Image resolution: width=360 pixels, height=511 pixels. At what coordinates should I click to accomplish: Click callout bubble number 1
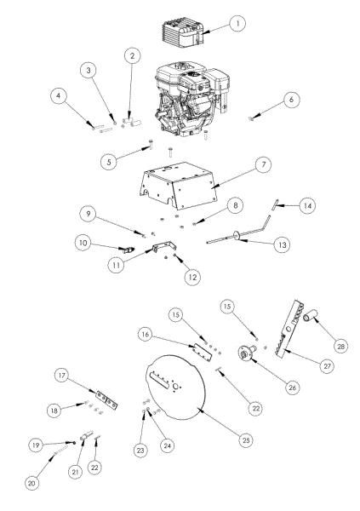click(238, 21)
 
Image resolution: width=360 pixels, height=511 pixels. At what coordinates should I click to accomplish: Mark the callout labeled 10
click(83, 244)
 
